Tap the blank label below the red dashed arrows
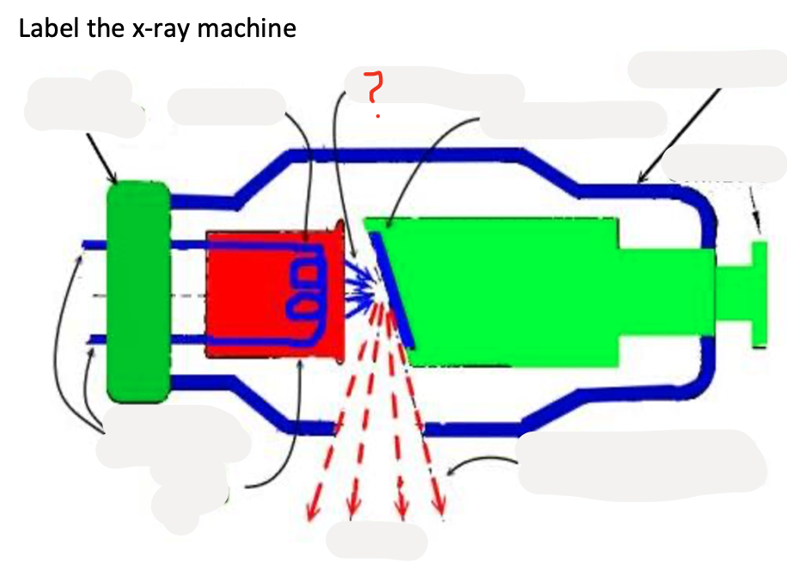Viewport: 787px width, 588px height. click(376, 540)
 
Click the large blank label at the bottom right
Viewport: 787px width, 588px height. click(641, 462)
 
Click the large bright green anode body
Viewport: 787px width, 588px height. click(516, 292)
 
